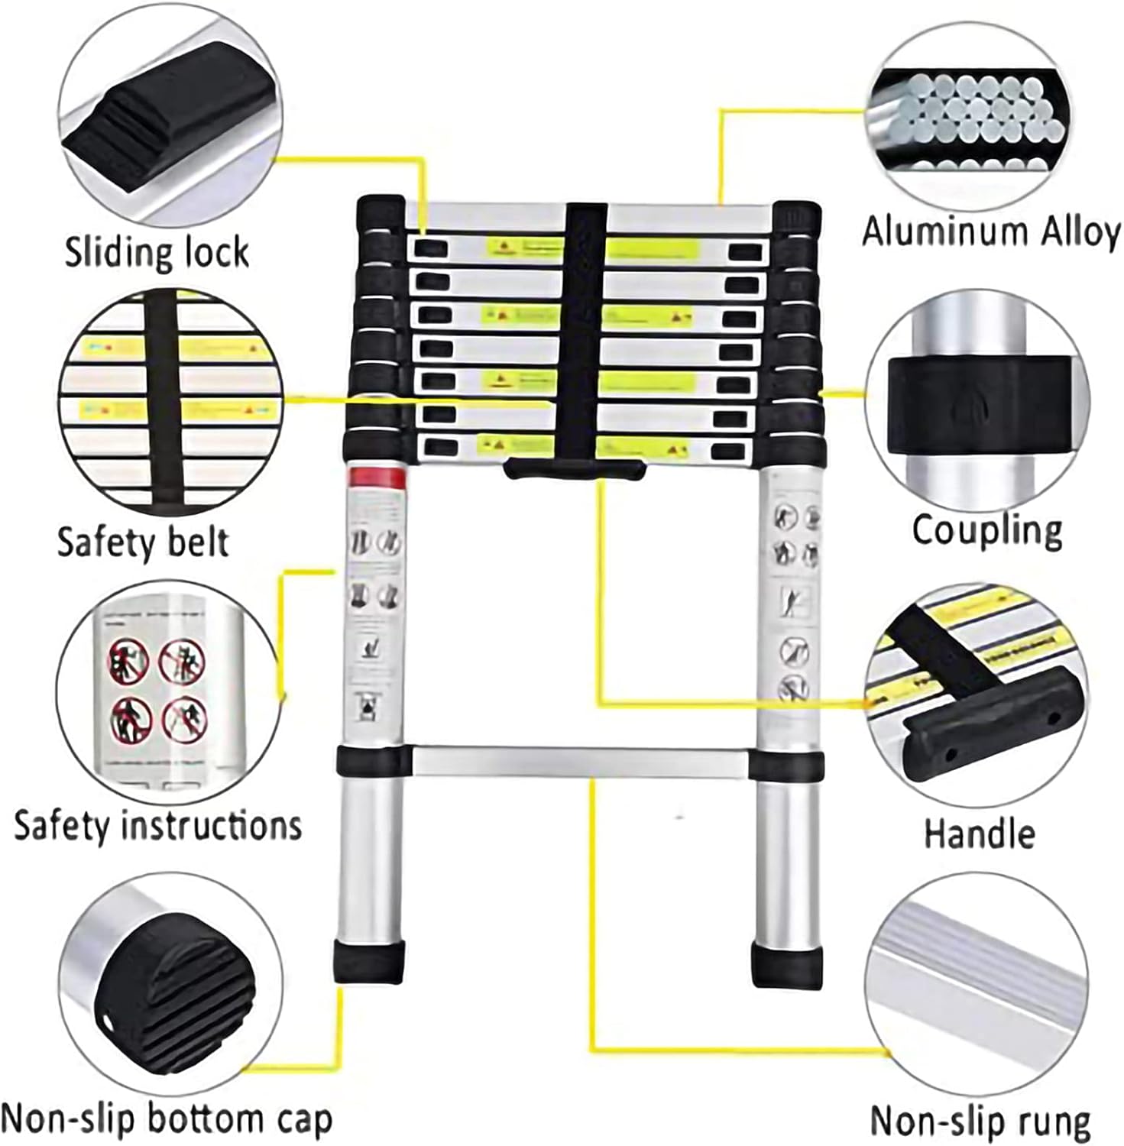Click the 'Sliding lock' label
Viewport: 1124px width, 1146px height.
click(x=157, y=252)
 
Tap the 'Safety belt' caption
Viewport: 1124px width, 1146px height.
click(x=143, y=542)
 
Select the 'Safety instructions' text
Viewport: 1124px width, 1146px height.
click(x=158, y=826)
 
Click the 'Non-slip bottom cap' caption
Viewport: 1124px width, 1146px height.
click(x=167, y=1120)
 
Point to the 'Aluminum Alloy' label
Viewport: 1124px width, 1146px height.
click(x=991, y=231)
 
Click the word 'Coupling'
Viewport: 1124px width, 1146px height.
click(x=987, y=529)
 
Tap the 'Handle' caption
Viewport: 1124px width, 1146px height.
click(x=979, y=833)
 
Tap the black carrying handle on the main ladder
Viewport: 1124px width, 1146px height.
click(x=574, y=468)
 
